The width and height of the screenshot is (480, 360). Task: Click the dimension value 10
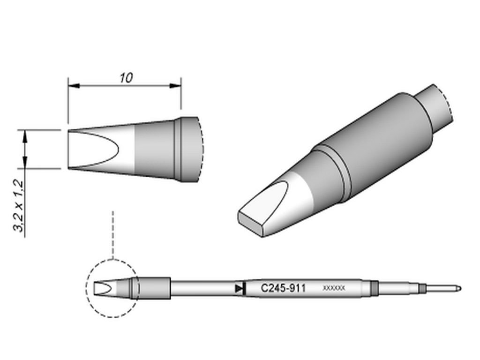126,78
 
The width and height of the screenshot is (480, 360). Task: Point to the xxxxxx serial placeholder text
334,288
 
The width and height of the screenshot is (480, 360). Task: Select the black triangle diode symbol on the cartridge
240,288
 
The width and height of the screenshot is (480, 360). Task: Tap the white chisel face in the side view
91,149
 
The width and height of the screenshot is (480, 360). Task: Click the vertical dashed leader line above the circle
112,234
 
